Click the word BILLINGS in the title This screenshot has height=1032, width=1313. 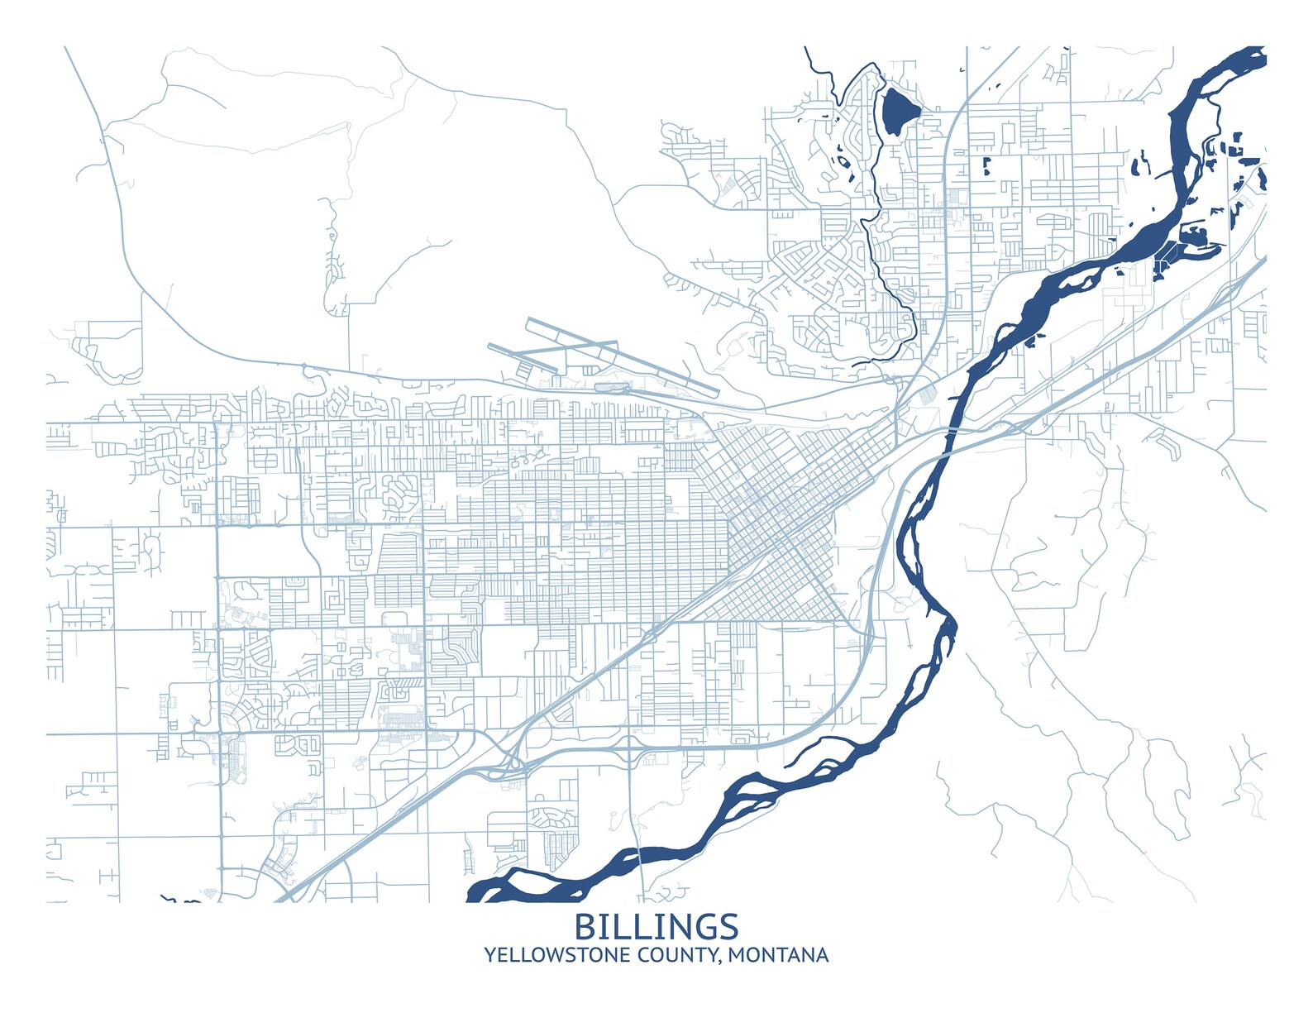656,926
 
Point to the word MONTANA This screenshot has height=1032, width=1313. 779,955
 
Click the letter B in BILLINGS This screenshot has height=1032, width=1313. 585,926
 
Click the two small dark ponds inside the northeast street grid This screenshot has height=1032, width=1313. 986,165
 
